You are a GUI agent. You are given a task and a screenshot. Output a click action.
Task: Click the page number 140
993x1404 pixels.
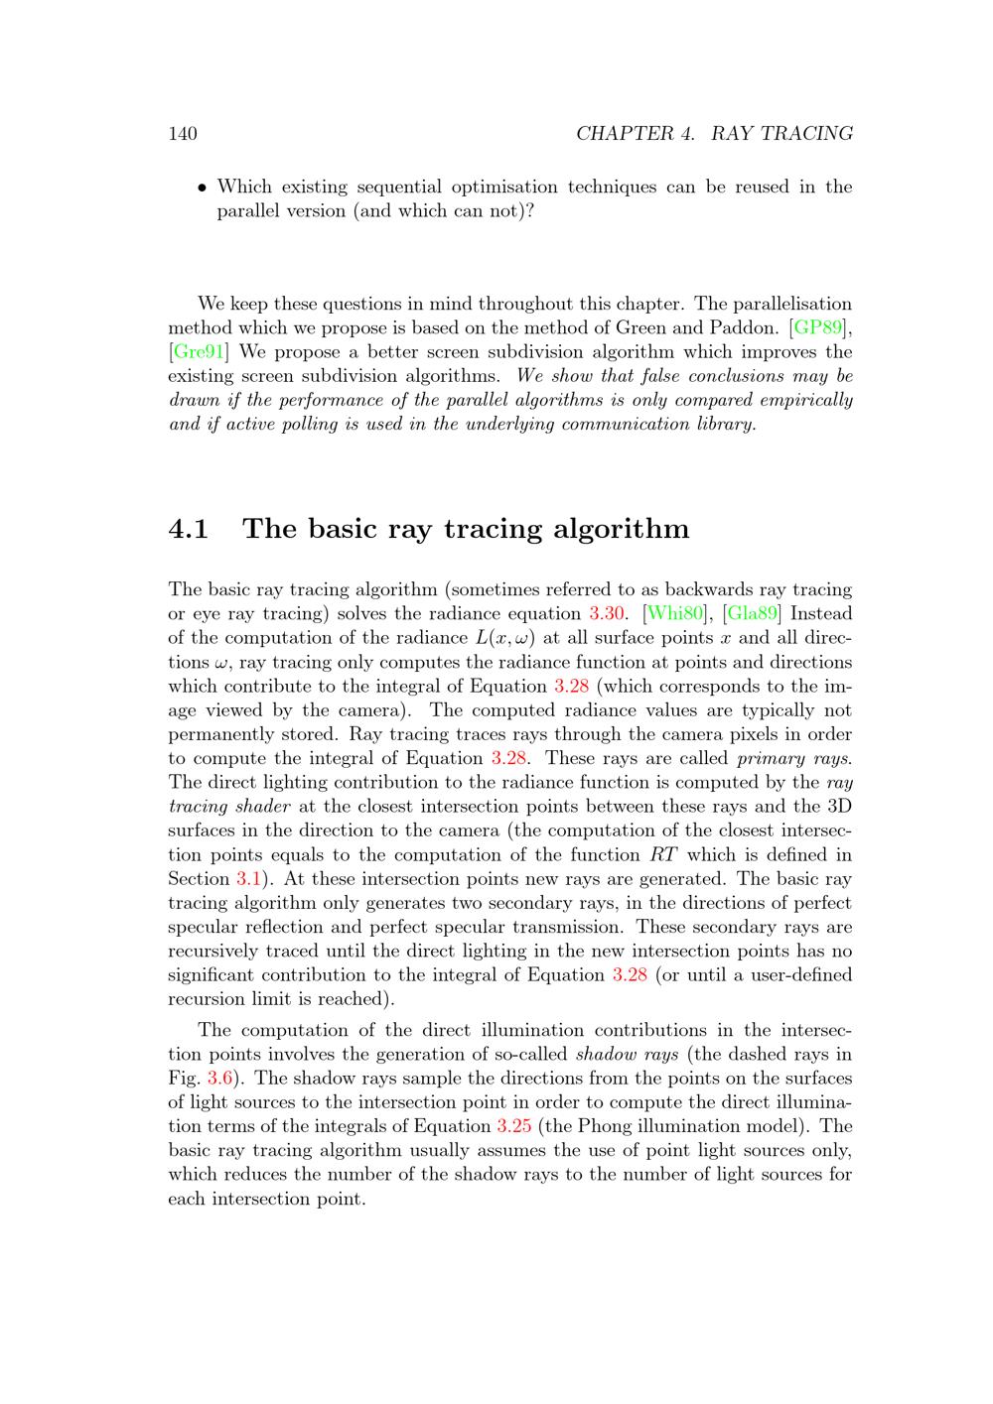[183, 134]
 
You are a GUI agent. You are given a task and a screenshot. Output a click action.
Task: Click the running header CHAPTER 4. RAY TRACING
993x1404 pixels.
[714, 134]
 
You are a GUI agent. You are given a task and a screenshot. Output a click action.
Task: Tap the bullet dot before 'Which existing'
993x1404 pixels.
[202, 188]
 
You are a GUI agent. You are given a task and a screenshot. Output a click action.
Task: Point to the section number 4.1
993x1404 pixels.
[189, 529]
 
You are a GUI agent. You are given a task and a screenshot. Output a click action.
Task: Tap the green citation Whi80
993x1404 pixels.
[676, 614]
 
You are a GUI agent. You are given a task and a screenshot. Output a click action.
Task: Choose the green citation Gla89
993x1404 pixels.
[752, 614]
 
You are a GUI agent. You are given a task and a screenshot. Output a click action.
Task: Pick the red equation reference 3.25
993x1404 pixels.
[513, 1126]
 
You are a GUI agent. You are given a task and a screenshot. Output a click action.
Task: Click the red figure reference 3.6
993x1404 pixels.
[219, 1079]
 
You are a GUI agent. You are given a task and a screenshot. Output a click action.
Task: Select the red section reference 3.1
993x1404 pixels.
[247, 879]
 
